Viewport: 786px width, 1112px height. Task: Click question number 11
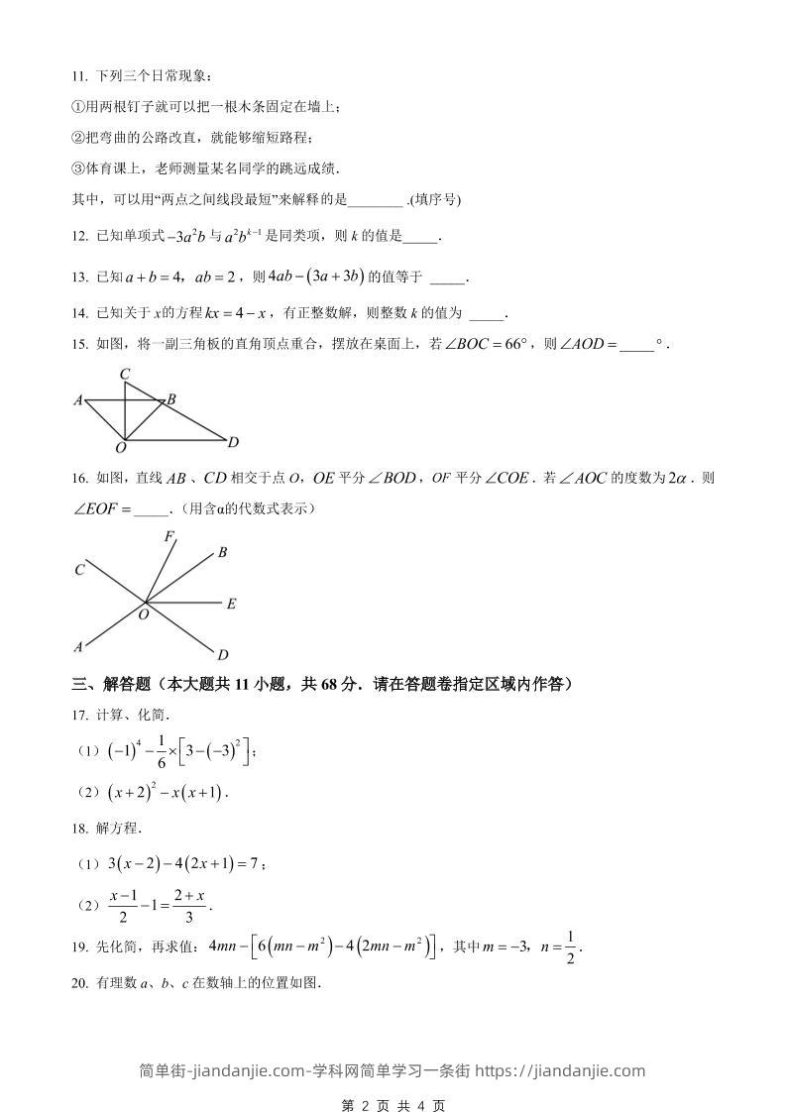79,76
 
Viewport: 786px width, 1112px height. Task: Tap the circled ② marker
79,138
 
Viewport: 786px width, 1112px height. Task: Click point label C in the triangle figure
125,374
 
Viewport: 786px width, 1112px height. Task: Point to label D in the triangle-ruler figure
233,442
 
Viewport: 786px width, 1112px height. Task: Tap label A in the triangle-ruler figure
77,400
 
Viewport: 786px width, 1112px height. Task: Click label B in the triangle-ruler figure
171,399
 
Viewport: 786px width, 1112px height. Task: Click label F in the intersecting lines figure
169,537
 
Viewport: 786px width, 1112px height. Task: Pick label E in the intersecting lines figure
230,604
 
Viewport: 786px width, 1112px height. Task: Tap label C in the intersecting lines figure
78,570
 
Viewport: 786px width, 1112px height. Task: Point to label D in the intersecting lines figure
223,654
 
